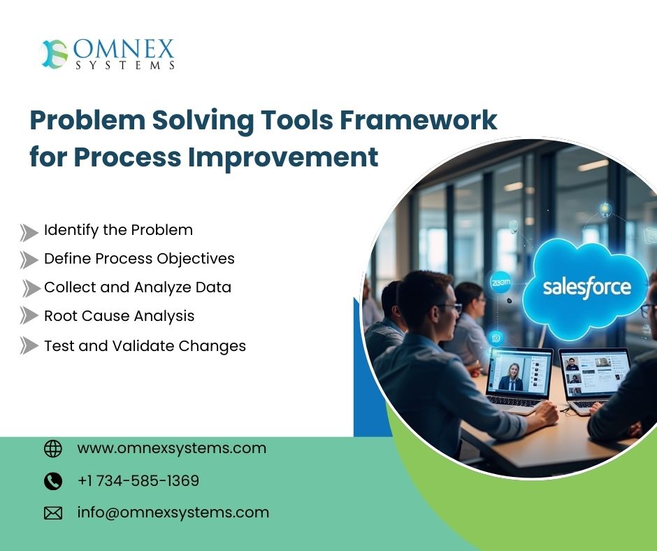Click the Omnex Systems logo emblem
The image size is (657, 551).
55,54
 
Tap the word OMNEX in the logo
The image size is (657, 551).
124,49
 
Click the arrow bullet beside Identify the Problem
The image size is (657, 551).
29,233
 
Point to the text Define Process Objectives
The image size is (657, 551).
139,259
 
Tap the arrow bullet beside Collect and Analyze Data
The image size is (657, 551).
31,289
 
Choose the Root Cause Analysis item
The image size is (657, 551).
119,316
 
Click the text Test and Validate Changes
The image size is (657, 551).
145,346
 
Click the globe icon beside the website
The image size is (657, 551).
53,449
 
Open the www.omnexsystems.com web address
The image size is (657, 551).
172,448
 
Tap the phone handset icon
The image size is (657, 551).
53,481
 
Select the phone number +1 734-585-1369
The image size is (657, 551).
138,480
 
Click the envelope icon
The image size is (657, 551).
53,513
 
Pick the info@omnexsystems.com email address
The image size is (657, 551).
173,513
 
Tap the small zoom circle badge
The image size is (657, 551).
500,282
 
